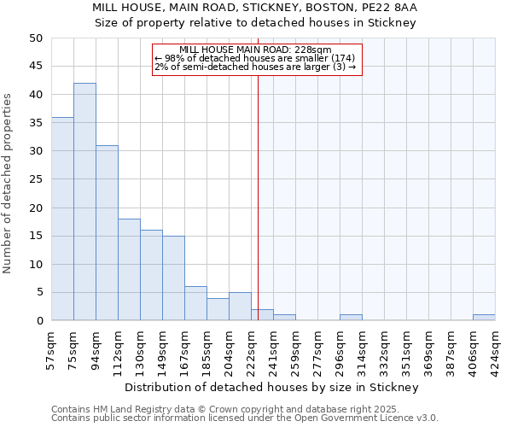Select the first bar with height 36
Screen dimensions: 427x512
coord(62,219)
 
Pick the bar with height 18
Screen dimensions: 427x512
coord(129,269)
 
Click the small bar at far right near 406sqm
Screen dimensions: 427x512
coord(484,318)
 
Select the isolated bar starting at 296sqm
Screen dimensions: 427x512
coord(351,318)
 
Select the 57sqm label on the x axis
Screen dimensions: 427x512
coord(52,347)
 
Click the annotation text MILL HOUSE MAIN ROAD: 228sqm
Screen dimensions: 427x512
coord(255,50)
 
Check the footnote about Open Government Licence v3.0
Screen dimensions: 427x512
coord(245,418)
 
